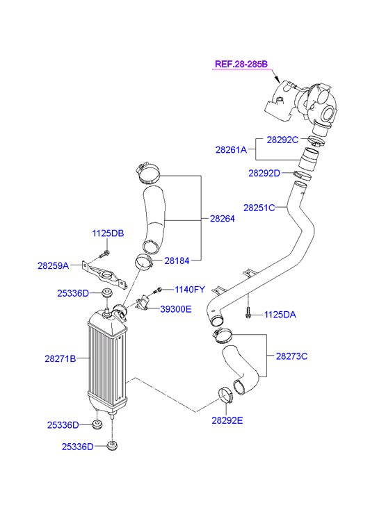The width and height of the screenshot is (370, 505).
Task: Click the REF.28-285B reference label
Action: (241, 64)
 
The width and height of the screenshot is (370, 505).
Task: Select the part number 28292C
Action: (282, 140)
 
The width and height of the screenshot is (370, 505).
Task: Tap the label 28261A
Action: (231, 149)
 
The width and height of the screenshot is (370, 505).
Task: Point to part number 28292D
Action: (264, 173)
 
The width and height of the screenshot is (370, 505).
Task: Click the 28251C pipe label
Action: (259, 208)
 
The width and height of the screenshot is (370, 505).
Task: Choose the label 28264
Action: (223, 219)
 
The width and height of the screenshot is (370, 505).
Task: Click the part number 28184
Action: (177, 261)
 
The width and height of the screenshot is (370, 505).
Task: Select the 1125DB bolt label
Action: (108, 233)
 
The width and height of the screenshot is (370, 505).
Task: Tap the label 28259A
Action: (54, 266)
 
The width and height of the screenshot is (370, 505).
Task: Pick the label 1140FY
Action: (190, 290)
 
